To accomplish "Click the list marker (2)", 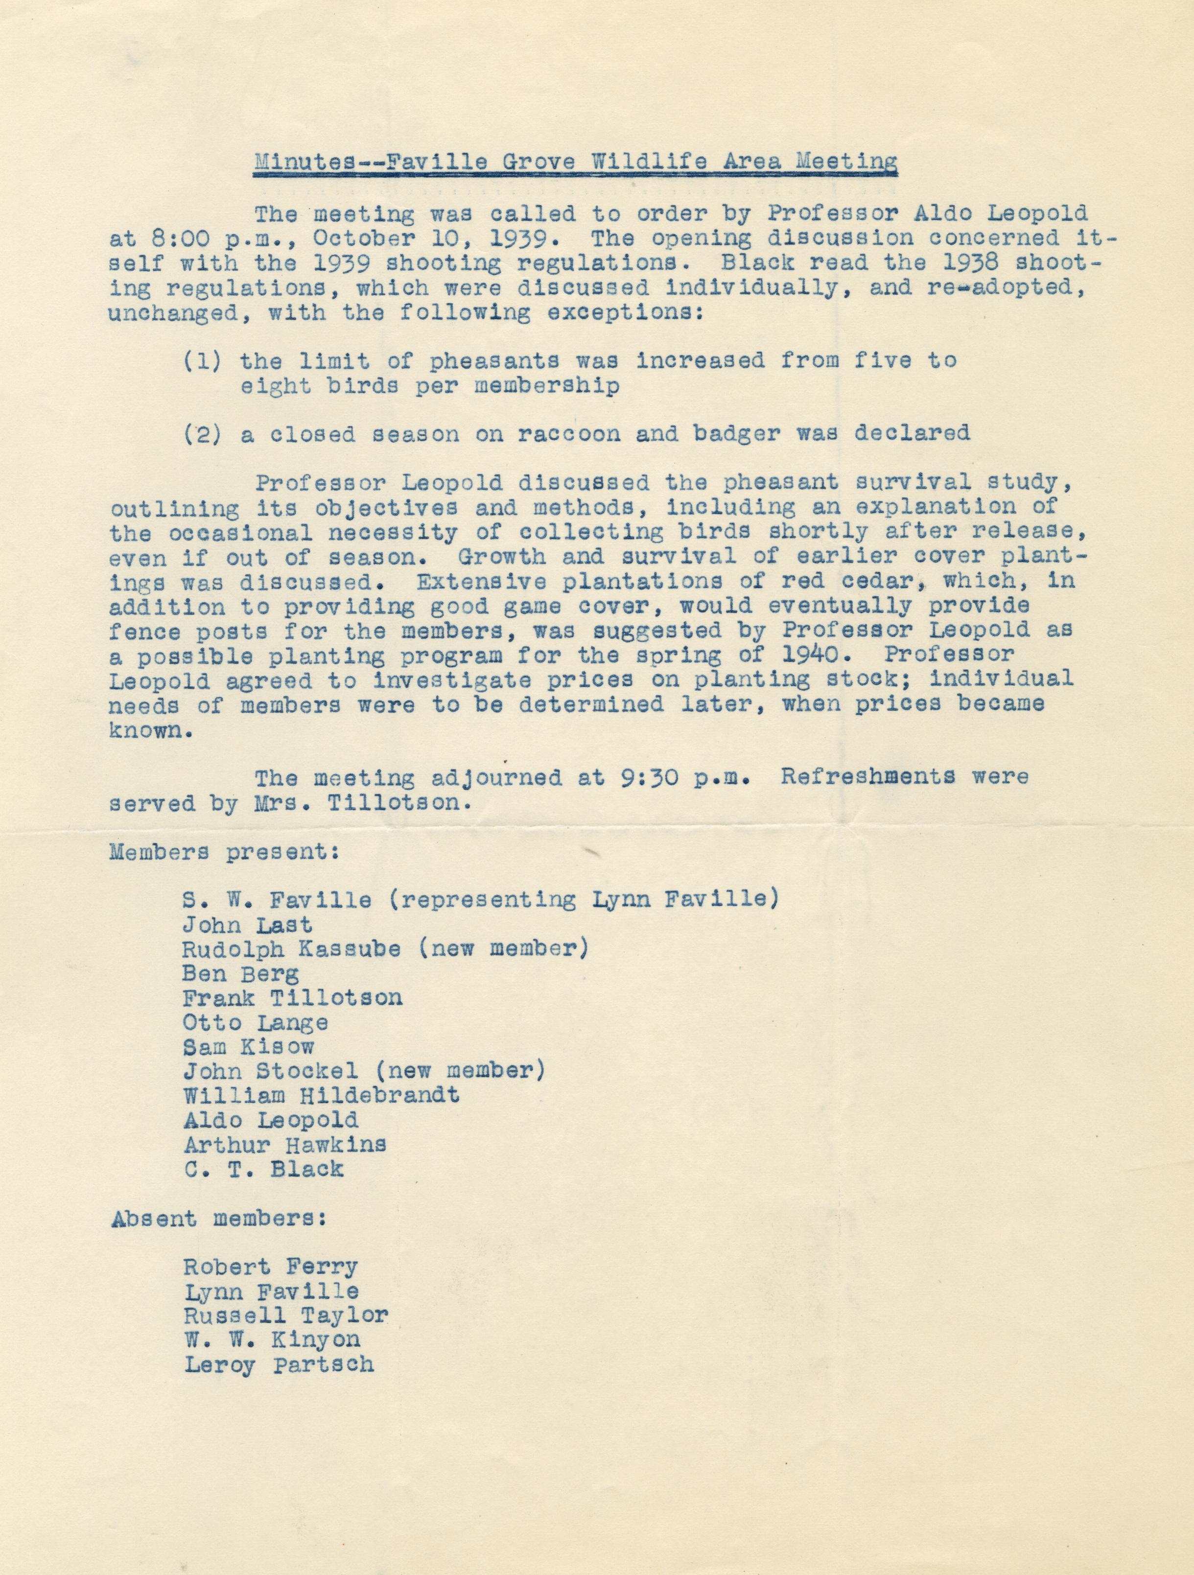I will click(202, 434).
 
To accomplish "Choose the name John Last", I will click(247, 925).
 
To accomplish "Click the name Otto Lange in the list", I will click(255, 1023).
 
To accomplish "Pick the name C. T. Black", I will click(263, 1169).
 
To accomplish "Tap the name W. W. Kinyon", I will click(271, 1340).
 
